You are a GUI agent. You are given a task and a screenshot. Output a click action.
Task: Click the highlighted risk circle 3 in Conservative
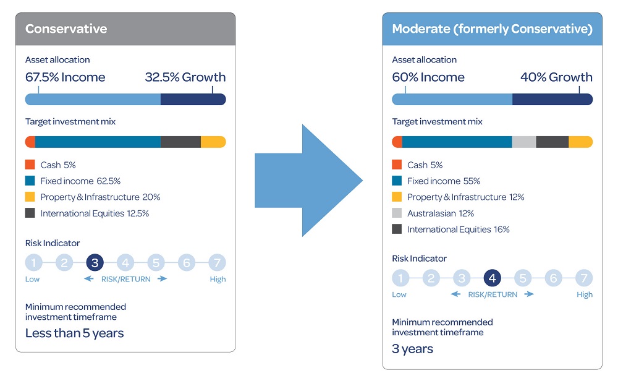[x=95, y=263]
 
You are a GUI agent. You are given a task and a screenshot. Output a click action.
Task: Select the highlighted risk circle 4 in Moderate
[x=492, y=278]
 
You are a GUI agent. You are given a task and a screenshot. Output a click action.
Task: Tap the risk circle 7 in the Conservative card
[x=216, y=263]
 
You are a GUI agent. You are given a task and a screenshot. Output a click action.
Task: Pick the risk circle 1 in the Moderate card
[x=400, y=278]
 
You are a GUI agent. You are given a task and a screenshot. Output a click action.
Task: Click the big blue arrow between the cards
[x=308, y=181]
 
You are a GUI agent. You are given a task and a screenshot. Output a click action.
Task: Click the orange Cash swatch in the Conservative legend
[x=30, y=165]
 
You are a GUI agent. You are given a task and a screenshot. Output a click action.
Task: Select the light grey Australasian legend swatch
[x=397, y=213]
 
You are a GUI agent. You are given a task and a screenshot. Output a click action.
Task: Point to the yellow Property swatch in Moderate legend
[x=397, y=197]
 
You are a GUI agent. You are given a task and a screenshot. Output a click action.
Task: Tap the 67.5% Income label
[x=65, y=77]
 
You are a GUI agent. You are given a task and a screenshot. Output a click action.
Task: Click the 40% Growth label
[x=556, y=77]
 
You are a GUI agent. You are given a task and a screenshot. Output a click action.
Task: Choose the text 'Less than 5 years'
[x=74, y=333]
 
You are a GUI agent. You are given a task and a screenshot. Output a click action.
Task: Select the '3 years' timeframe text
[x=412, y=349]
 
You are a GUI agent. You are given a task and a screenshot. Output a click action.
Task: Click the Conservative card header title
[x=66, y=29]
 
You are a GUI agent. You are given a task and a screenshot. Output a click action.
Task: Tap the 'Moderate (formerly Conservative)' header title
[x=492, y=29]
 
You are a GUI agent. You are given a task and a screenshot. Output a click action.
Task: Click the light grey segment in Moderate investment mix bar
[x=524, y=142]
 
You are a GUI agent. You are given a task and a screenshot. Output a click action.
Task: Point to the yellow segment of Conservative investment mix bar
[x=213, y=142]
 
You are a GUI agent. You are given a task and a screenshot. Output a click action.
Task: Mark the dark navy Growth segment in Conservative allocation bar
[x=193, y=100]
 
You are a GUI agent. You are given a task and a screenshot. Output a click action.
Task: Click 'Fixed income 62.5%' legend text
[x=80, y=181]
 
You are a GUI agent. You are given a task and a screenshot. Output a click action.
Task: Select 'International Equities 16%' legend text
[x=458, y=229]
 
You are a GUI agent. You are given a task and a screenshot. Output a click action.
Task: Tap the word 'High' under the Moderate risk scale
[x=584, y=294]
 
